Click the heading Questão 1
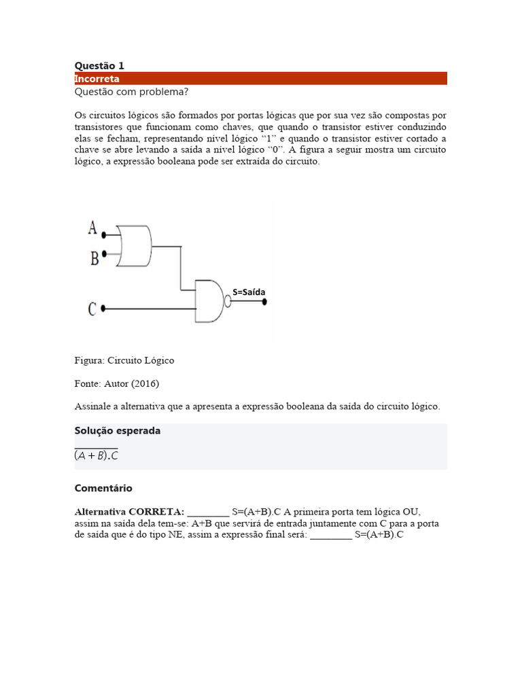coord(99,66)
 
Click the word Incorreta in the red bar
coord(97,79)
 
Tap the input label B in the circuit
coord(93,258)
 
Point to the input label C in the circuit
coord(92,309)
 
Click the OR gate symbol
coord(135,245)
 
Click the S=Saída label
coord(249,292)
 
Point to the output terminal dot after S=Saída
coord(265,301)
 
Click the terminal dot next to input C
coord(103,309)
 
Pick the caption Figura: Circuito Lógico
coord(124,360)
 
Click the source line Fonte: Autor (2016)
coord(116,383)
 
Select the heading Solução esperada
coord(117,431)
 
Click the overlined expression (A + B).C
coord(96,455)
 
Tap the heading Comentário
coord(103,488)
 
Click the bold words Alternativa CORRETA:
coord(129,511)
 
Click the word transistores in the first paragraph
coord(101,126)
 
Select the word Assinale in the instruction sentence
coord(92,406)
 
